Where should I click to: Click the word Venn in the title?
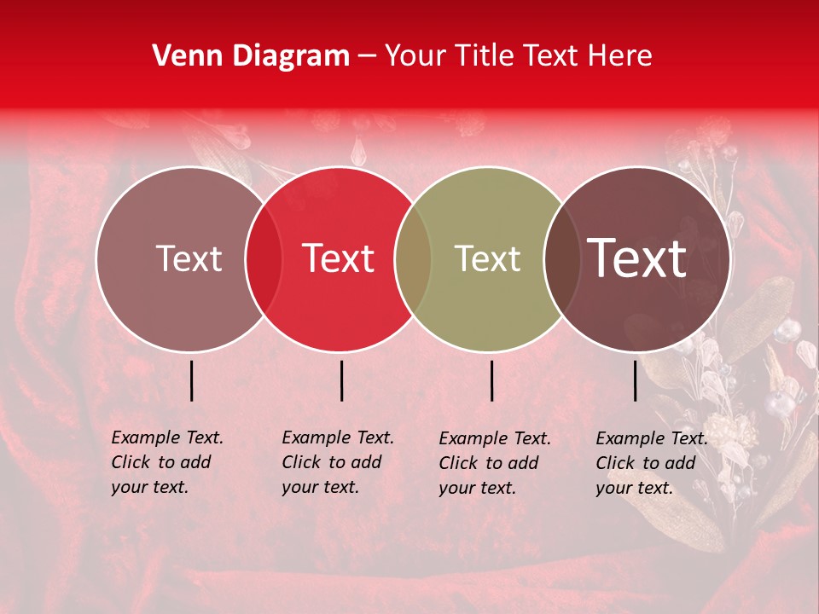(x=182, y=56)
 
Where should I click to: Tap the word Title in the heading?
(x=485, y=56)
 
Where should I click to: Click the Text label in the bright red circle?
(x=339, y=258)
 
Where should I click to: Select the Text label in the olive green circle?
(x=487, y=258)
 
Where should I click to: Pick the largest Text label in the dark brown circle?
(x=637, y=258)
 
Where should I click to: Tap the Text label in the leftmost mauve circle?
(x=189, y=258)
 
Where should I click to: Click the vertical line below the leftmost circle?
(x=191, y=380)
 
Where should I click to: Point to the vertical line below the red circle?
(x=341, y=380)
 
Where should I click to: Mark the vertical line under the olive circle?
(x=491, y=380)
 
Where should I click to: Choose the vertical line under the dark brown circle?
(x=636, y=380)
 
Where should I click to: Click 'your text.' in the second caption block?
(x=320, y=487)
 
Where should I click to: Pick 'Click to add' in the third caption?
(x=489, y=463)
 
